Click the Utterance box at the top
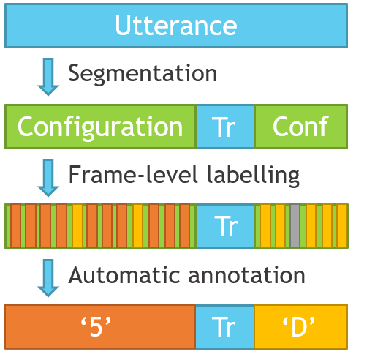tap(176, 26)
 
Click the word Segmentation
tap(143, 74)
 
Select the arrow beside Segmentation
tap(48, 77)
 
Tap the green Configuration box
tap(100, 127)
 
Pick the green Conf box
tap(300, 127)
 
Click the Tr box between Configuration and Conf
tap(225, 127)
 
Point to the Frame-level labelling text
tap(184, 175)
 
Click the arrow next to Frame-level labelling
tap(48, 178)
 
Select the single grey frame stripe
tap(295, 226)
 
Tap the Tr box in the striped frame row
tap(225, 226)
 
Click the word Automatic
tap(124, 275)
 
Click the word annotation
tap(246, 275)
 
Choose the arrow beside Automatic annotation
tap(48, 278)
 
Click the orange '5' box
tap(100, 327)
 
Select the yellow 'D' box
tap(300, 327)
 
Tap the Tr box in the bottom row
tap(225, 327)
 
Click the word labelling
tap(253, 175)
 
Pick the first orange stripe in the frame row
tap(15, 226)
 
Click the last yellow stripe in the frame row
tap(342, 226)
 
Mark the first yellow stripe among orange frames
tap(77, 226)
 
